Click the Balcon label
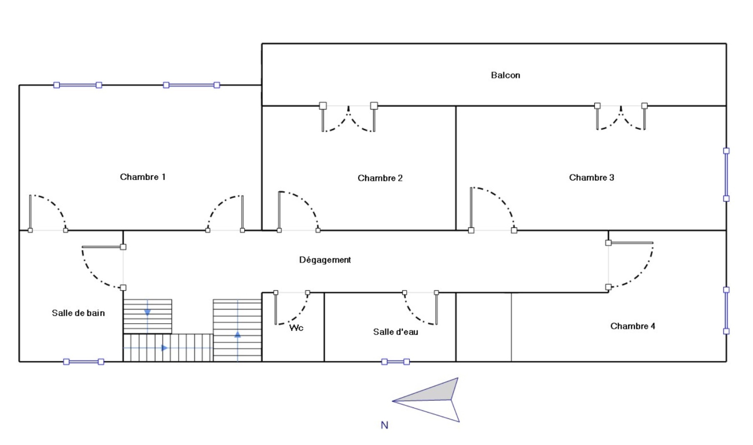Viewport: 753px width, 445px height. click(x=505, y=75)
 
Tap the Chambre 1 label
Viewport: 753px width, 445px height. click(x=143, y=177)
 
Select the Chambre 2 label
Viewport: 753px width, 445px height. click(x=380, y=178)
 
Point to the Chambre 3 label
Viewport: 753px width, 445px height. click(x=591, y=178)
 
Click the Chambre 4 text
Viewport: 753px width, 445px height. click(x=632, y=326)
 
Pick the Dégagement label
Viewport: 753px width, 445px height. click(x=325, y=260)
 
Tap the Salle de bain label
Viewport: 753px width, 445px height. click(x=78, y=313)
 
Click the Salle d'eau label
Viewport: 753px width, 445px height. click(x=395, y=332)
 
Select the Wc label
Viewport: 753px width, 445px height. click(x=296, y=328)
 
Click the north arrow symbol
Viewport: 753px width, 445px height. click(x=428, y=399)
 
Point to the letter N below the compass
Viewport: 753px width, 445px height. click(x=384, y=425)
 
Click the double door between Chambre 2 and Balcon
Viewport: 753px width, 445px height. click(x=348, y=118)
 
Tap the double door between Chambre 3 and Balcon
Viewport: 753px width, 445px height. click(x=621, y=117)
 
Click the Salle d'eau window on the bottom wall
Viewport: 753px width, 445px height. click(x=395, y=362)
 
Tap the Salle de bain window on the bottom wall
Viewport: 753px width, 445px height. click(x=83, y=362)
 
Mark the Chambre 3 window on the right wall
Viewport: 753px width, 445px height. click(x=726, y=175)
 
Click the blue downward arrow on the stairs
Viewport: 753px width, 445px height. click(x=147, y=312)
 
